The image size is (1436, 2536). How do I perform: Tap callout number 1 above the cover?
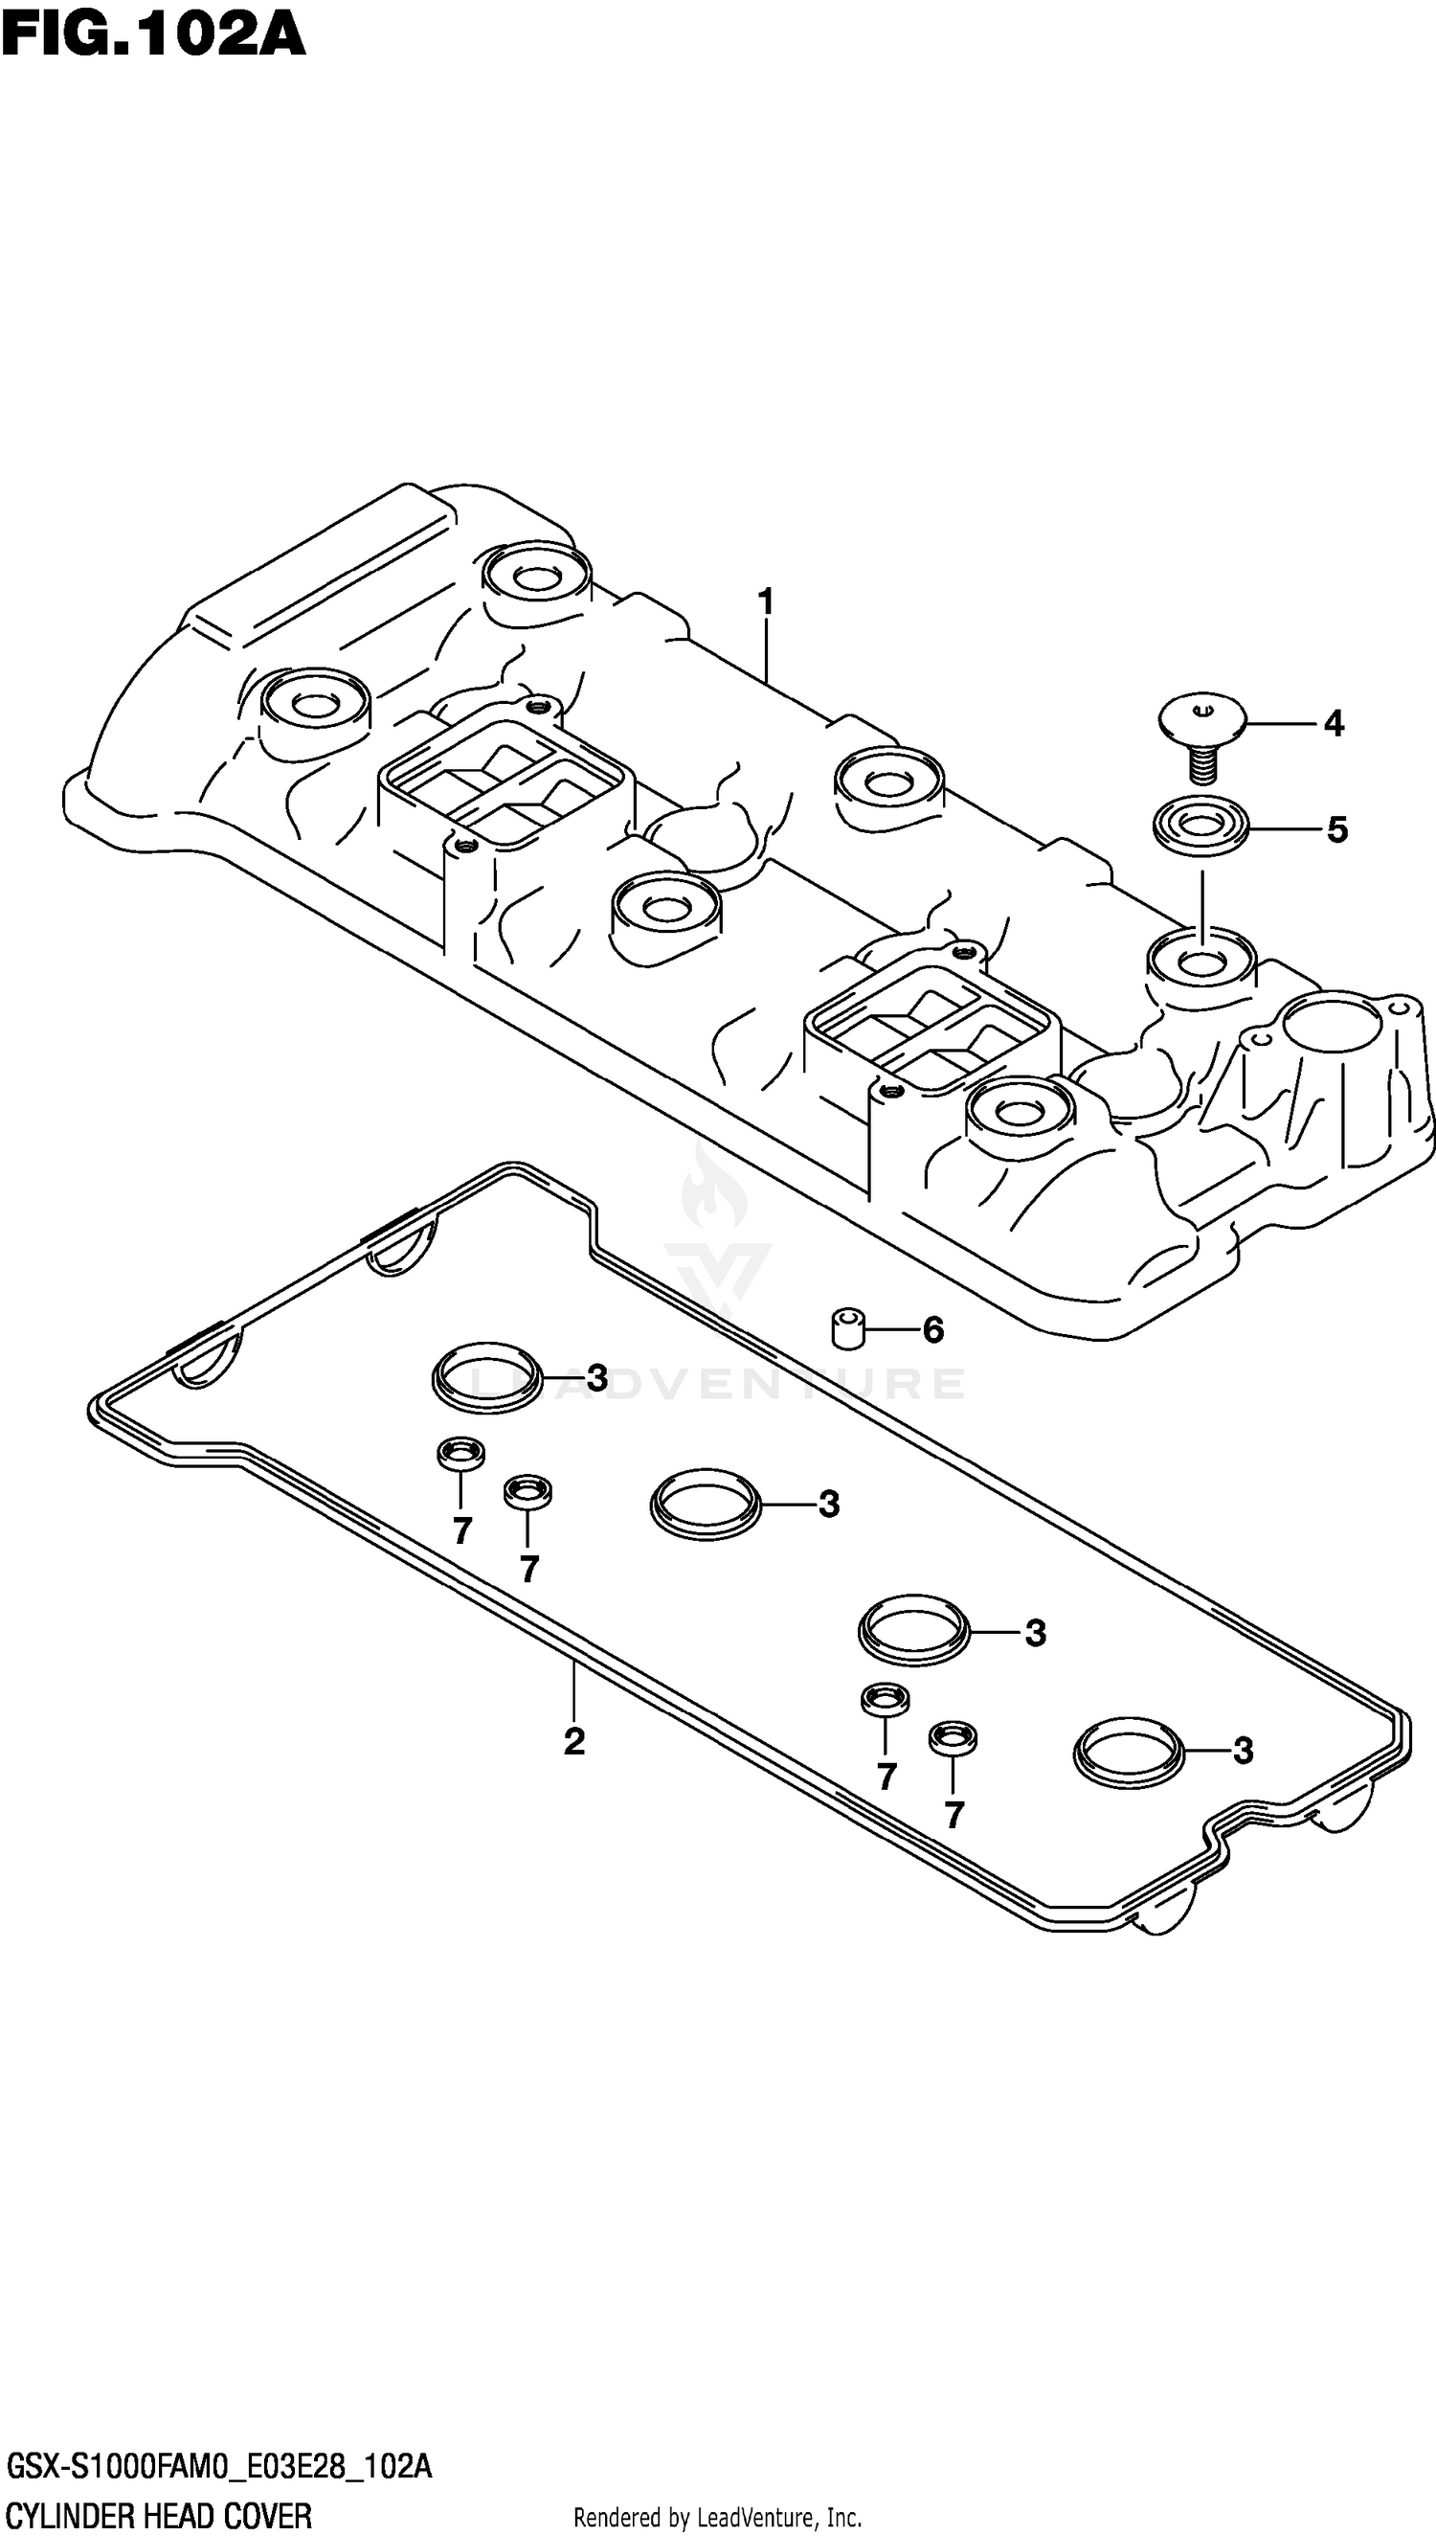[765, 601]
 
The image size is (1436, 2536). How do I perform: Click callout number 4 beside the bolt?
[1334, 724]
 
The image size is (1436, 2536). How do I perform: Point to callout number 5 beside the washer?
[1336, 829]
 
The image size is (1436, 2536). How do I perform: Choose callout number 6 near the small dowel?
[933, 1329]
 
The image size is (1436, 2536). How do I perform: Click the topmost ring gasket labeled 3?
[487, 1377]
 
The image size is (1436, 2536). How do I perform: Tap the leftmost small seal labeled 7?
[460, 1454]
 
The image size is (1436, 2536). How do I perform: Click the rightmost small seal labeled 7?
[953, 1738]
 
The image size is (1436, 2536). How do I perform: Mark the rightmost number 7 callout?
[953, 1814]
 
